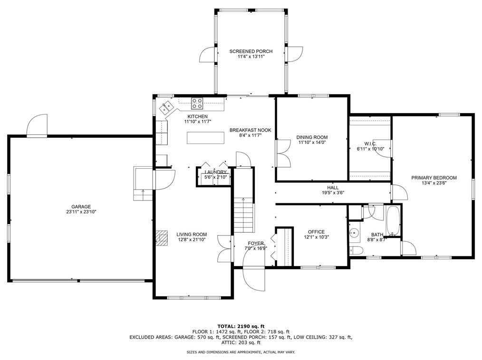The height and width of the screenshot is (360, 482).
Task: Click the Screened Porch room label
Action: coord(251,51)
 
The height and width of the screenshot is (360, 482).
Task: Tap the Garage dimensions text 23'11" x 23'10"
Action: coord(81,212)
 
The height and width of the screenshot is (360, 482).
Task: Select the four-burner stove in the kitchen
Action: coord(197,103)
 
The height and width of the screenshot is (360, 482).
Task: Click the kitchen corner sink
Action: coord(166,107)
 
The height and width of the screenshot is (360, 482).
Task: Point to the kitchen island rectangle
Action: coord(206,138)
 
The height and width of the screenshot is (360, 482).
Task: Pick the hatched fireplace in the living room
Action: coord(162,238)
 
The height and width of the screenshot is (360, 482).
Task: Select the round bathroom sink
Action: coord(354,233)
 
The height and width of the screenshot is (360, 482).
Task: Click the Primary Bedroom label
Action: coord(434,178)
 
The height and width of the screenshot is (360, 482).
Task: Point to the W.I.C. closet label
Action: coord(370,144)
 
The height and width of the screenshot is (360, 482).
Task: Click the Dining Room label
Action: coord(312,137)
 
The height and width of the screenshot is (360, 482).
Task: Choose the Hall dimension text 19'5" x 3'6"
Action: coord(333,193)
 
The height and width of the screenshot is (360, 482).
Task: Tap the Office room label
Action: coord(316,232)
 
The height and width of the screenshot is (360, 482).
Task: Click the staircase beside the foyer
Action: coord(244,215)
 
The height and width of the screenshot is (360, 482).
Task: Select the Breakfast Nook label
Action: coord(250,130)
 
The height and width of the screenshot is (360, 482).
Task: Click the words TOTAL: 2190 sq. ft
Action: coord(241,326)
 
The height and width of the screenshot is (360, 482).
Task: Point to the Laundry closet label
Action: coord(215,172)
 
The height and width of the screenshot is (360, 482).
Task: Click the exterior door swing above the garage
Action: coord(37,125)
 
